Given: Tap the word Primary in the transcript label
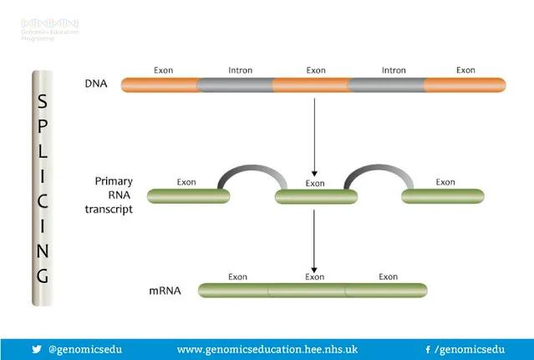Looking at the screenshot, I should [114, 180].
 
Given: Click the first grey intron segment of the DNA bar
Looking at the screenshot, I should [235, 84].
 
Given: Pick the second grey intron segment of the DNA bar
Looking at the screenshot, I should [386, 84].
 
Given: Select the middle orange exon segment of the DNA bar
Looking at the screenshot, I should [310, 84].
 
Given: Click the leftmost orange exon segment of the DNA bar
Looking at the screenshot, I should [160, 84].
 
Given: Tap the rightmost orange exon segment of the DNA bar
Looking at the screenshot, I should [465, 84].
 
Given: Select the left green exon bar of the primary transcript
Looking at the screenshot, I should [189, 196].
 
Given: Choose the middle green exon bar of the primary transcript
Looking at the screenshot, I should [315, 197].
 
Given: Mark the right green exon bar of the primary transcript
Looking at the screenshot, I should [442, 196].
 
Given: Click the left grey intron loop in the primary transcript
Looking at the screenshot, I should [252, 170].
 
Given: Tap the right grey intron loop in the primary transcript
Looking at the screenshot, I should [379, 170].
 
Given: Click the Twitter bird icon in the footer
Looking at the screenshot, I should [36, 349].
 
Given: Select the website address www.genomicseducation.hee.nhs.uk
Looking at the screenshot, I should [267, 349].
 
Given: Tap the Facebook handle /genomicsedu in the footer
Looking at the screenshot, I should [465, 349].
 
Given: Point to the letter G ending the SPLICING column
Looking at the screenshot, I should [43, 275].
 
